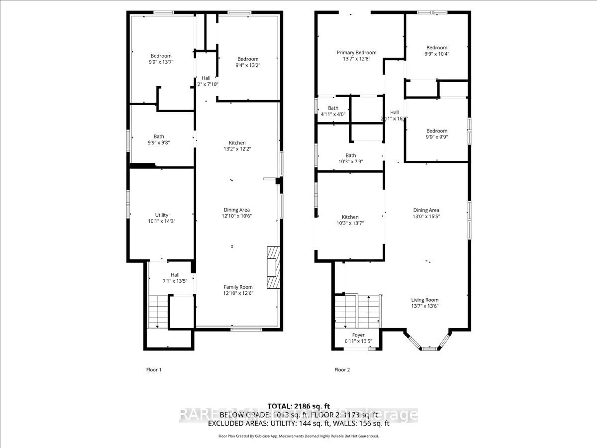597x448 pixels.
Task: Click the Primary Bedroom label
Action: (x=356, y=53)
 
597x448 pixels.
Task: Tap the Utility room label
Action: (x=161, y=215)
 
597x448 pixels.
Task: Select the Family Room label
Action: (x=238, y=287)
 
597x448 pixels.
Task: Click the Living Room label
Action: (x=425, y=300)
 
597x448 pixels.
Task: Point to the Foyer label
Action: (x=358, y=335)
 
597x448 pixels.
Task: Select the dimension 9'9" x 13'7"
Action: (x=161, y=62)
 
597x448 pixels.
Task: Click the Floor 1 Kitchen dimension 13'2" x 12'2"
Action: (x=237, y=149)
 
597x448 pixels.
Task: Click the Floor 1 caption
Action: (x=154, y=370)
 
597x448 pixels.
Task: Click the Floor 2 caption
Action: (x=342, y=370)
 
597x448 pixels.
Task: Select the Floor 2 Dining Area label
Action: (x=426, y=210)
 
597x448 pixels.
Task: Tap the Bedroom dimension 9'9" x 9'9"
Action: (x=437, y=137)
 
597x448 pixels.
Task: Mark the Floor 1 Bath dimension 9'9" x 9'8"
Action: (x=159, y=143)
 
